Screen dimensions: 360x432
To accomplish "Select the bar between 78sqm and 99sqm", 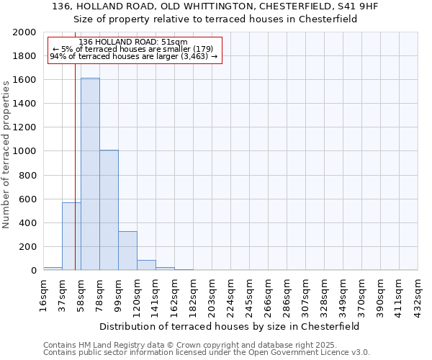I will [109, 210].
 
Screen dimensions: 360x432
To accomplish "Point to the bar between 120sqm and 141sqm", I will [146, 265].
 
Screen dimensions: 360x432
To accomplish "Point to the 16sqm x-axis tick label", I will [43, 293].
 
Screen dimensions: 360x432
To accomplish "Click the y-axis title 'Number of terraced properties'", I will [7, 153].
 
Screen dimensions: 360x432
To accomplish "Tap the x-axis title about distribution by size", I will [230, 326].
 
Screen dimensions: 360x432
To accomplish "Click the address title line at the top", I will [215, 6].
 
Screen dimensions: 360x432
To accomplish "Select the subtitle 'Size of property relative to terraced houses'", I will [215, 19].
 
